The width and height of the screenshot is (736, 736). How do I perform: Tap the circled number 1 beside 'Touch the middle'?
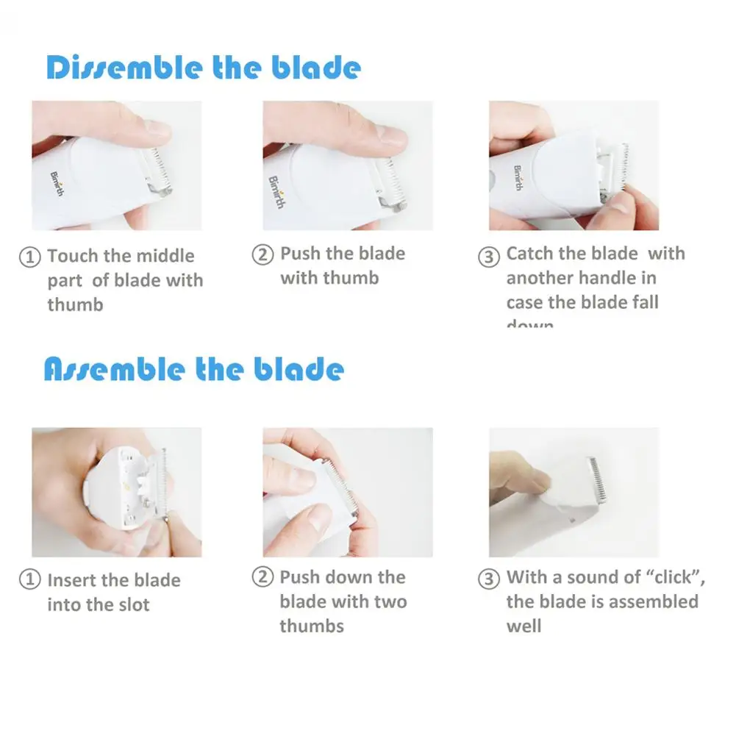(x=29, y=257)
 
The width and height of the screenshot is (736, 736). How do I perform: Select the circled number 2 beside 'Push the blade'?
(x=262, y=254)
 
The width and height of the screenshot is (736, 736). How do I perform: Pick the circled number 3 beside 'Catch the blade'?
(x=489, y=257)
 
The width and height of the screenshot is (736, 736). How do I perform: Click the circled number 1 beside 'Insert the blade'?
(x=29, y=581)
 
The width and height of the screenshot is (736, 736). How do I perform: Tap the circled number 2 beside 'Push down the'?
(x=262, y=578)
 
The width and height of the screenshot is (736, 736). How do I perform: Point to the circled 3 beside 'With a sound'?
(x=489, y=579)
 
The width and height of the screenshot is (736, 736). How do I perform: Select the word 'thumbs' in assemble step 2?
(x=311, y=626)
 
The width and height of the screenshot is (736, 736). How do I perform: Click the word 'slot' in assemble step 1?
(x=133, y=605)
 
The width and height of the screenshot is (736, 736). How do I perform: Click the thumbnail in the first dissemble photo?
(x=157, y=129)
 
